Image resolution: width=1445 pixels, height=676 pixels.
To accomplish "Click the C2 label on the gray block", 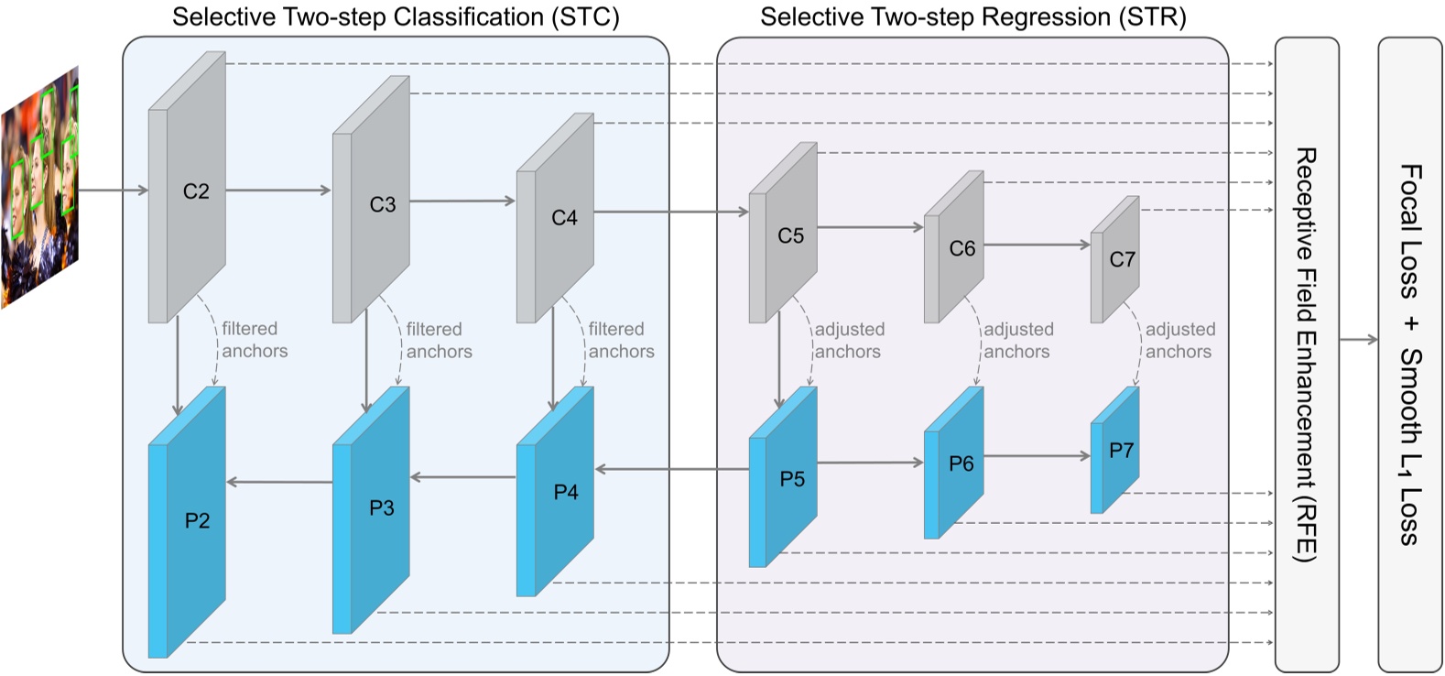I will coord(196,191).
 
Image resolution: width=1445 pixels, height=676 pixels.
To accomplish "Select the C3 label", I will coord(382,204).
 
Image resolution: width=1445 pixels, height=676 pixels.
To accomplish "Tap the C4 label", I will coord(564,218).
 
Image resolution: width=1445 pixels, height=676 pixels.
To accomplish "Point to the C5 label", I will coord(790,236).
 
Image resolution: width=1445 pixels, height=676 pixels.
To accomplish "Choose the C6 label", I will coord(962,248).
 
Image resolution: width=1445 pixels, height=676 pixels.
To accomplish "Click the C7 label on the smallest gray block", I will coord(1122,259).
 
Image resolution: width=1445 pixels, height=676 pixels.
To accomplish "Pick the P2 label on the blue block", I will coord(197,521).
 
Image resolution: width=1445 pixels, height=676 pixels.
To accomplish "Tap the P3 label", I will coord(381,507).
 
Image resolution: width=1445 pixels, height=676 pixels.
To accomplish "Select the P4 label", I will coord(566,493).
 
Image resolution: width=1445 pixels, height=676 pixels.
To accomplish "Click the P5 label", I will coord(792,479).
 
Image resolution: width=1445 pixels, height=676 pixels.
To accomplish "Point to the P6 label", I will coord(961,464).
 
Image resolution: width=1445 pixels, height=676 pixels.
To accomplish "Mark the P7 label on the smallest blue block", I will coord(1121,451).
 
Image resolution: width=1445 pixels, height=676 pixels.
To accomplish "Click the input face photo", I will coord(40,188).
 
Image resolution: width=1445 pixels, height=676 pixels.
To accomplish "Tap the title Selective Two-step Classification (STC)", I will coord(396,17).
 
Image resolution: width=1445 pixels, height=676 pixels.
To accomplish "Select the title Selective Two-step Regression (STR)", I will coord(972,17).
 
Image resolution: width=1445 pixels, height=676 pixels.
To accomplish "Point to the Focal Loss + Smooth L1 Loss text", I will coord(1410,354).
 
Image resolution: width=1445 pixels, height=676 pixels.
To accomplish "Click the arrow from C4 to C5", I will coord(670,213).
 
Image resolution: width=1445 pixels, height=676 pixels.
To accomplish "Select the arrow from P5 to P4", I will coord(670,470).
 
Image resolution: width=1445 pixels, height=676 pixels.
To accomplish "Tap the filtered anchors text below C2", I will coord(254,340).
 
